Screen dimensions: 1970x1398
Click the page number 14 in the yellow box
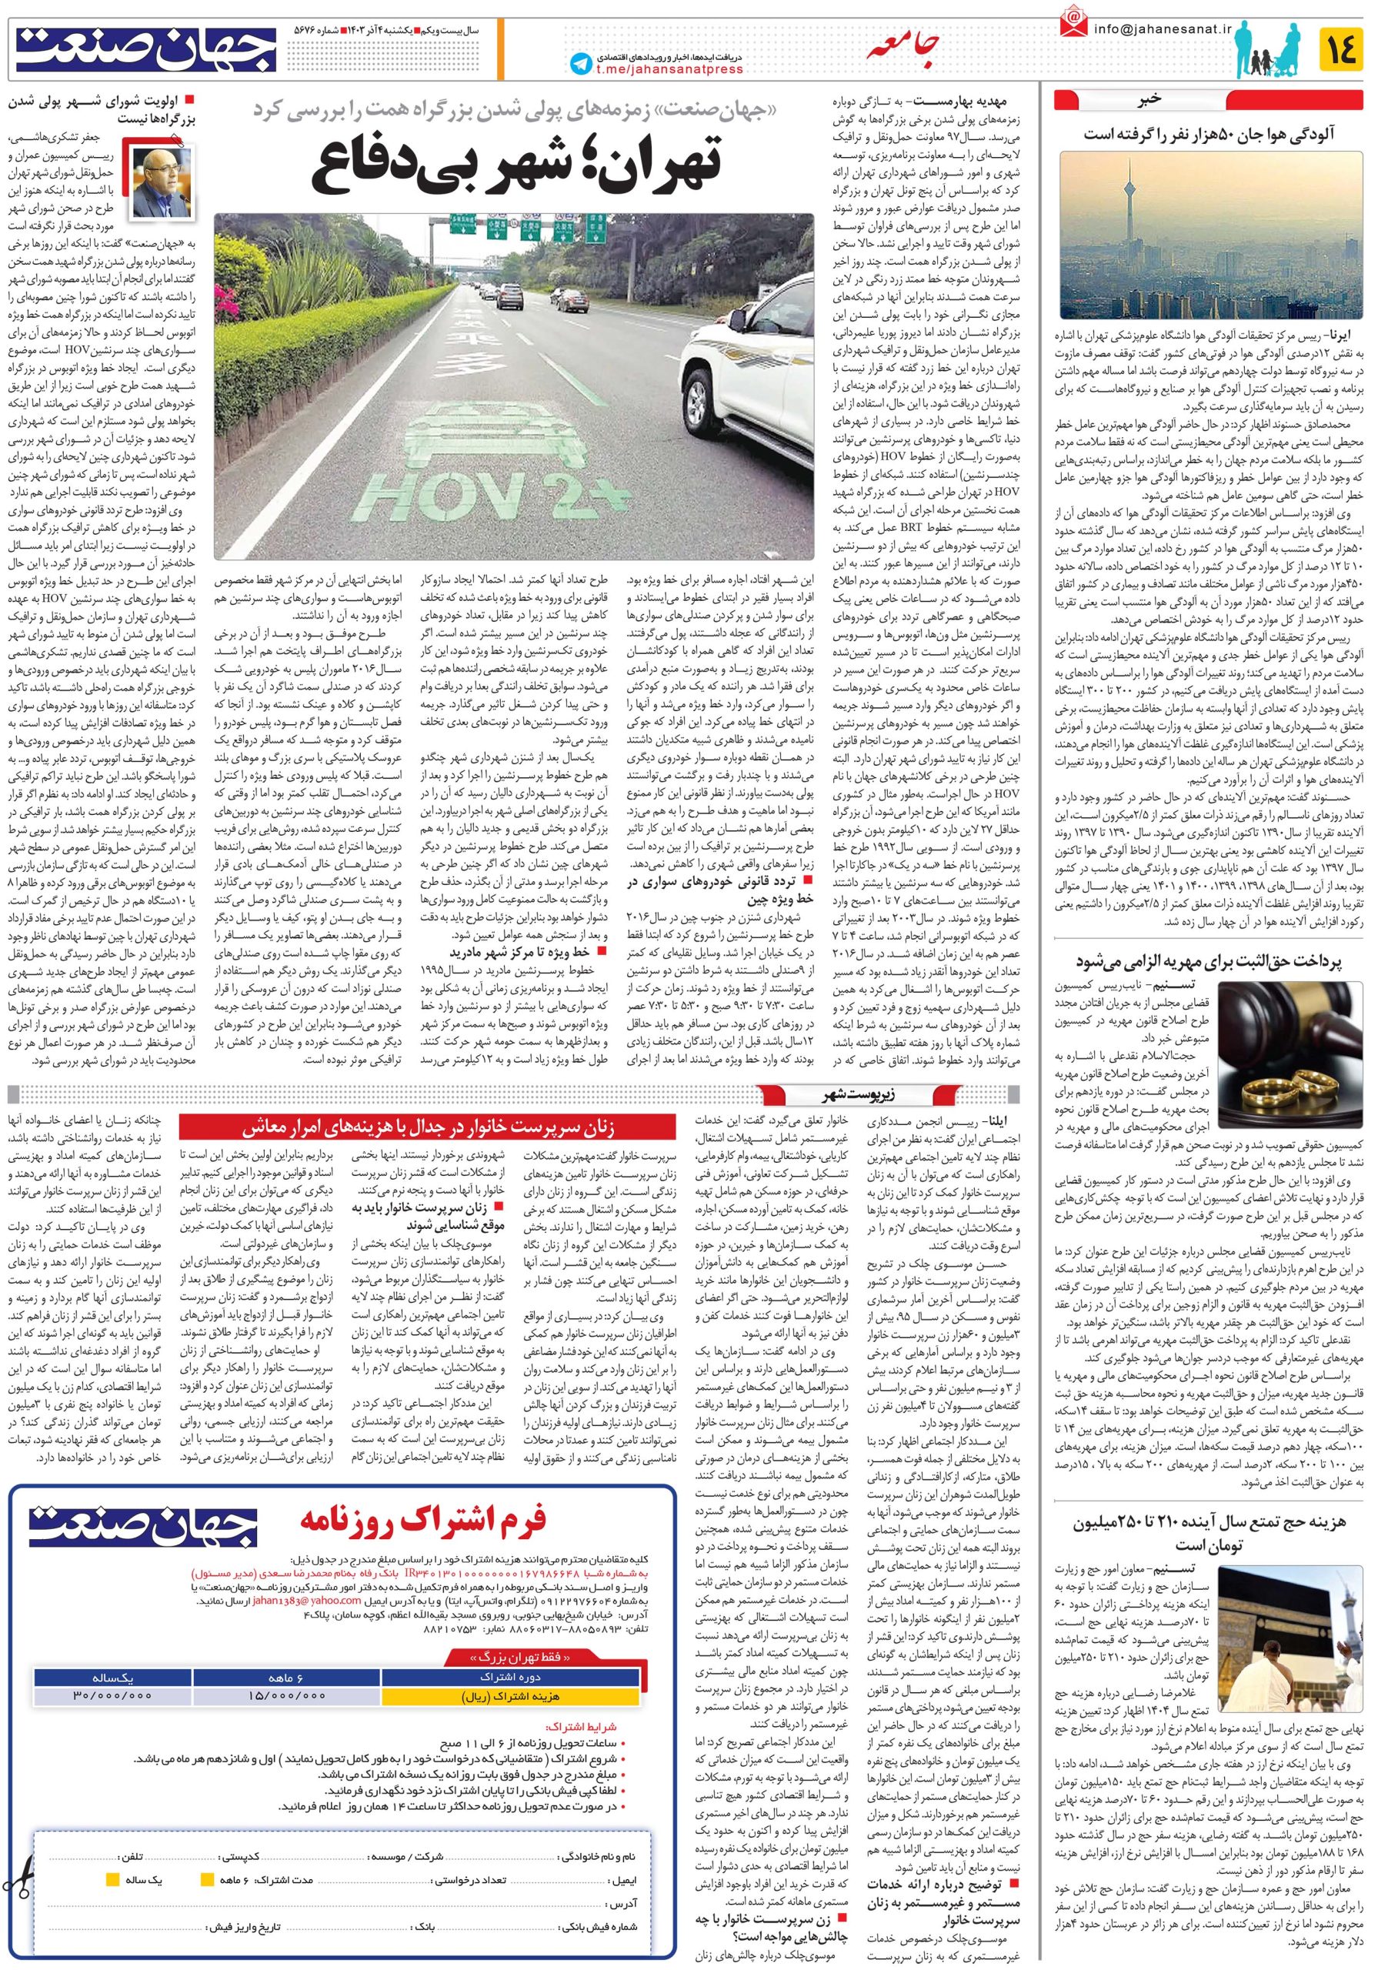pyautogui.click(x=1340, y=48)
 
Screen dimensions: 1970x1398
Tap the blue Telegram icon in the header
pyautogui.click(x=581, y=64)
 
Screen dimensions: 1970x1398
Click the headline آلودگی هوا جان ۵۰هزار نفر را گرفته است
pyautogui.click(x=1209, y=133)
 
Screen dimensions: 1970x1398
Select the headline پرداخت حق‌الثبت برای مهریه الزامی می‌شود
pyautogui.click(x=1208, y=961)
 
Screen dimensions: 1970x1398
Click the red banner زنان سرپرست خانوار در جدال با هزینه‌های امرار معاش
pyautogui.click(x=428, y=1127)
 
